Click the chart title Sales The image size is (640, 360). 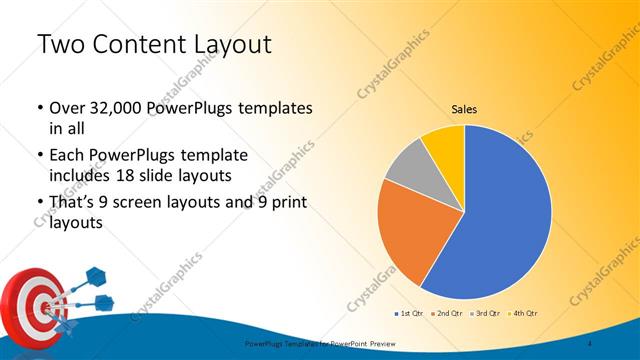pos(464,108)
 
